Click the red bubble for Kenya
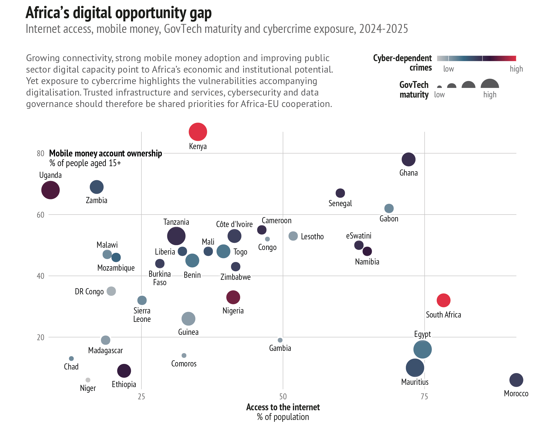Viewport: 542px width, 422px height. coord(198,132)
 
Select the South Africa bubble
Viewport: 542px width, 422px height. coord(444,300)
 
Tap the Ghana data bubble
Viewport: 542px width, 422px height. coord(408,160)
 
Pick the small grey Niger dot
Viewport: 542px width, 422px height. coord(88,380)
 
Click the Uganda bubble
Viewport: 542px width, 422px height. coord(50,190)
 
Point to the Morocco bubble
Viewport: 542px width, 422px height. coord(516,380)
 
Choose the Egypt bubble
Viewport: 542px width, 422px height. coord(422,349)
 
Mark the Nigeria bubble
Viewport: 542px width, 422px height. coord(233,297)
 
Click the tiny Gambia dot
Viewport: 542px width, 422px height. coord(280,340)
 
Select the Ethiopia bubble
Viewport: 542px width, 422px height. coord(124,371)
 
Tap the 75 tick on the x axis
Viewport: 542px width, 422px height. coord(424,397)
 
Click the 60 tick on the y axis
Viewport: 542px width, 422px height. coord(41,215)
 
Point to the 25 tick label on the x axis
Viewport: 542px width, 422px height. coord(141,397)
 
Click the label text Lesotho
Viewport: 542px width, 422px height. coord(312,236)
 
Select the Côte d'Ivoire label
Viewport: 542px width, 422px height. coord(234,224)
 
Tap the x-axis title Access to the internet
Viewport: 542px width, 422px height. coord(283,407)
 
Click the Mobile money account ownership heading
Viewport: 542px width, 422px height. coord(106,153)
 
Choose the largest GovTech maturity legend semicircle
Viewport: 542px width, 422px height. coord(490,83)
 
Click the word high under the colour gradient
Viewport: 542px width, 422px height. coord(516,69)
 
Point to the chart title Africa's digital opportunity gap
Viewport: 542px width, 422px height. coord(119,13)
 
